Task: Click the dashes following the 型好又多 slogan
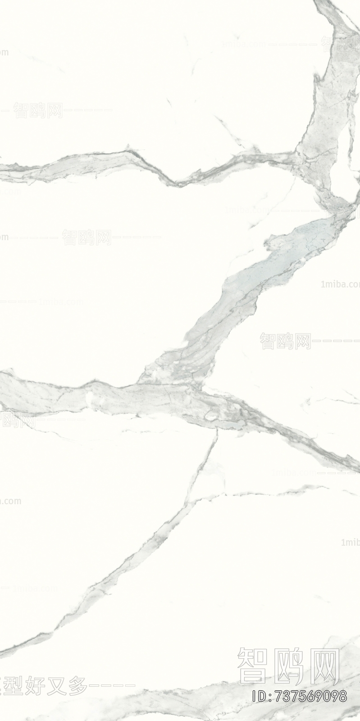tap(113, 686)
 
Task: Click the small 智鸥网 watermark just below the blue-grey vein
tap(285, 342)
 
